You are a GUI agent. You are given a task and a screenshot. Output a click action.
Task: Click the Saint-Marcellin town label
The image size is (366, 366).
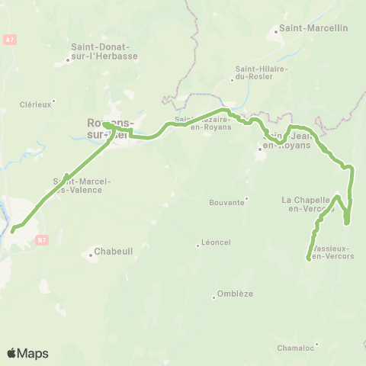tap(313, 29)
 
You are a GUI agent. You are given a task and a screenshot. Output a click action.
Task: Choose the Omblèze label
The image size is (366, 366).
tap(234, 294)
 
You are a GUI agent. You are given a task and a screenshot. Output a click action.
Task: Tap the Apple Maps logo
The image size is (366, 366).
tap(27, 353)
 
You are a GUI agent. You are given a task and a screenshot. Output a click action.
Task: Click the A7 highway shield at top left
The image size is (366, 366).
tap(9, 39)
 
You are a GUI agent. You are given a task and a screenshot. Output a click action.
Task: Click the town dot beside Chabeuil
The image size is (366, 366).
tap(91, 255)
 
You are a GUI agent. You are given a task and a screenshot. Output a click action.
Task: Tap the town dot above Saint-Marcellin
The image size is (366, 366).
tap(277, 34)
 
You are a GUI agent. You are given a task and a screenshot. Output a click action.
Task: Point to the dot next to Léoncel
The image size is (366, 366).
tap(197, 244)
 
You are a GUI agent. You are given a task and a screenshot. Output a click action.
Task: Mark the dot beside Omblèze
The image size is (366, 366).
tap(215, 297)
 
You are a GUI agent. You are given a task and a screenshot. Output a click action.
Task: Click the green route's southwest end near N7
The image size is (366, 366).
tap(12, 229)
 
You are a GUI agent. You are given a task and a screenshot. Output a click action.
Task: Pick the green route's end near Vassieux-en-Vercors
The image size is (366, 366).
tap(309, 258)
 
